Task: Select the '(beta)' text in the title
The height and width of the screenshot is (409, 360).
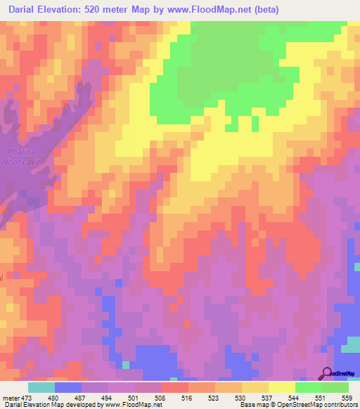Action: (x=260, y=10)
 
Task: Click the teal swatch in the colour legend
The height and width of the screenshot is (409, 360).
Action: (x=41, y=387)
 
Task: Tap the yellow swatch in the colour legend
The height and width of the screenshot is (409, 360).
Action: (x=281, y=387)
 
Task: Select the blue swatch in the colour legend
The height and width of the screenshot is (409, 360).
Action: (x=67, y=387)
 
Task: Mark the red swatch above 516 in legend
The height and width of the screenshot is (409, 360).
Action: (x=174, y=387)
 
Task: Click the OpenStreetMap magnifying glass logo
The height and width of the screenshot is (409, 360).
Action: (x=327, y=372)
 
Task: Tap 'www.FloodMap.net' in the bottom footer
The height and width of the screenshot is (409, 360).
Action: (x=129, y=405)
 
